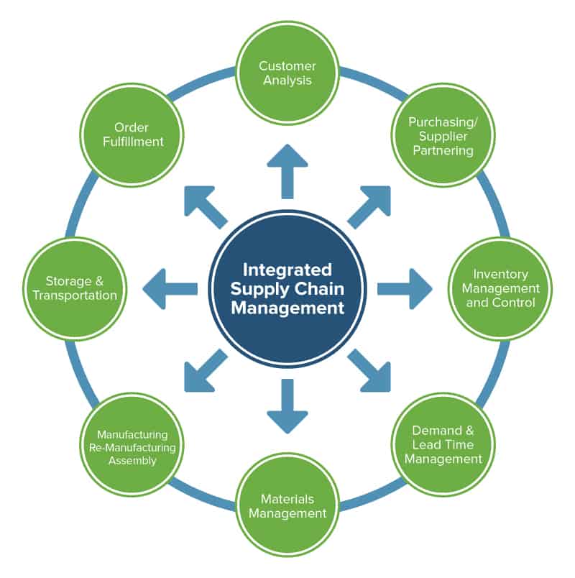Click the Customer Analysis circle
point(287,73)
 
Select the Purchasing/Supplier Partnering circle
point(441,136)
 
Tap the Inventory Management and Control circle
point(500,288)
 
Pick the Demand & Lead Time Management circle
point(443,444)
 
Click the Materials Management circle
point(287,505)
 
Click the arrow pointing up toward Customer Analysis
point(287,170)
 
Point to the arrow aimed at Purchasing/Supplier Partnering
point(369,206)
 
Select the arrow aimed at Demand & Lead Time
point(369,371)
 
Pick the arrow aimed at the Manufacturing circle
point(206,371)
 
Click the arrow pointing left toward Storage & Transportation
point(170,288)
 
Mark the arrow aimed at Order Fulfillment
point(206,206)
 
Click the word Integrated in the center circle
point(287,270)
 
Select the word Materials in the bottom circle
point(287,499)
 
